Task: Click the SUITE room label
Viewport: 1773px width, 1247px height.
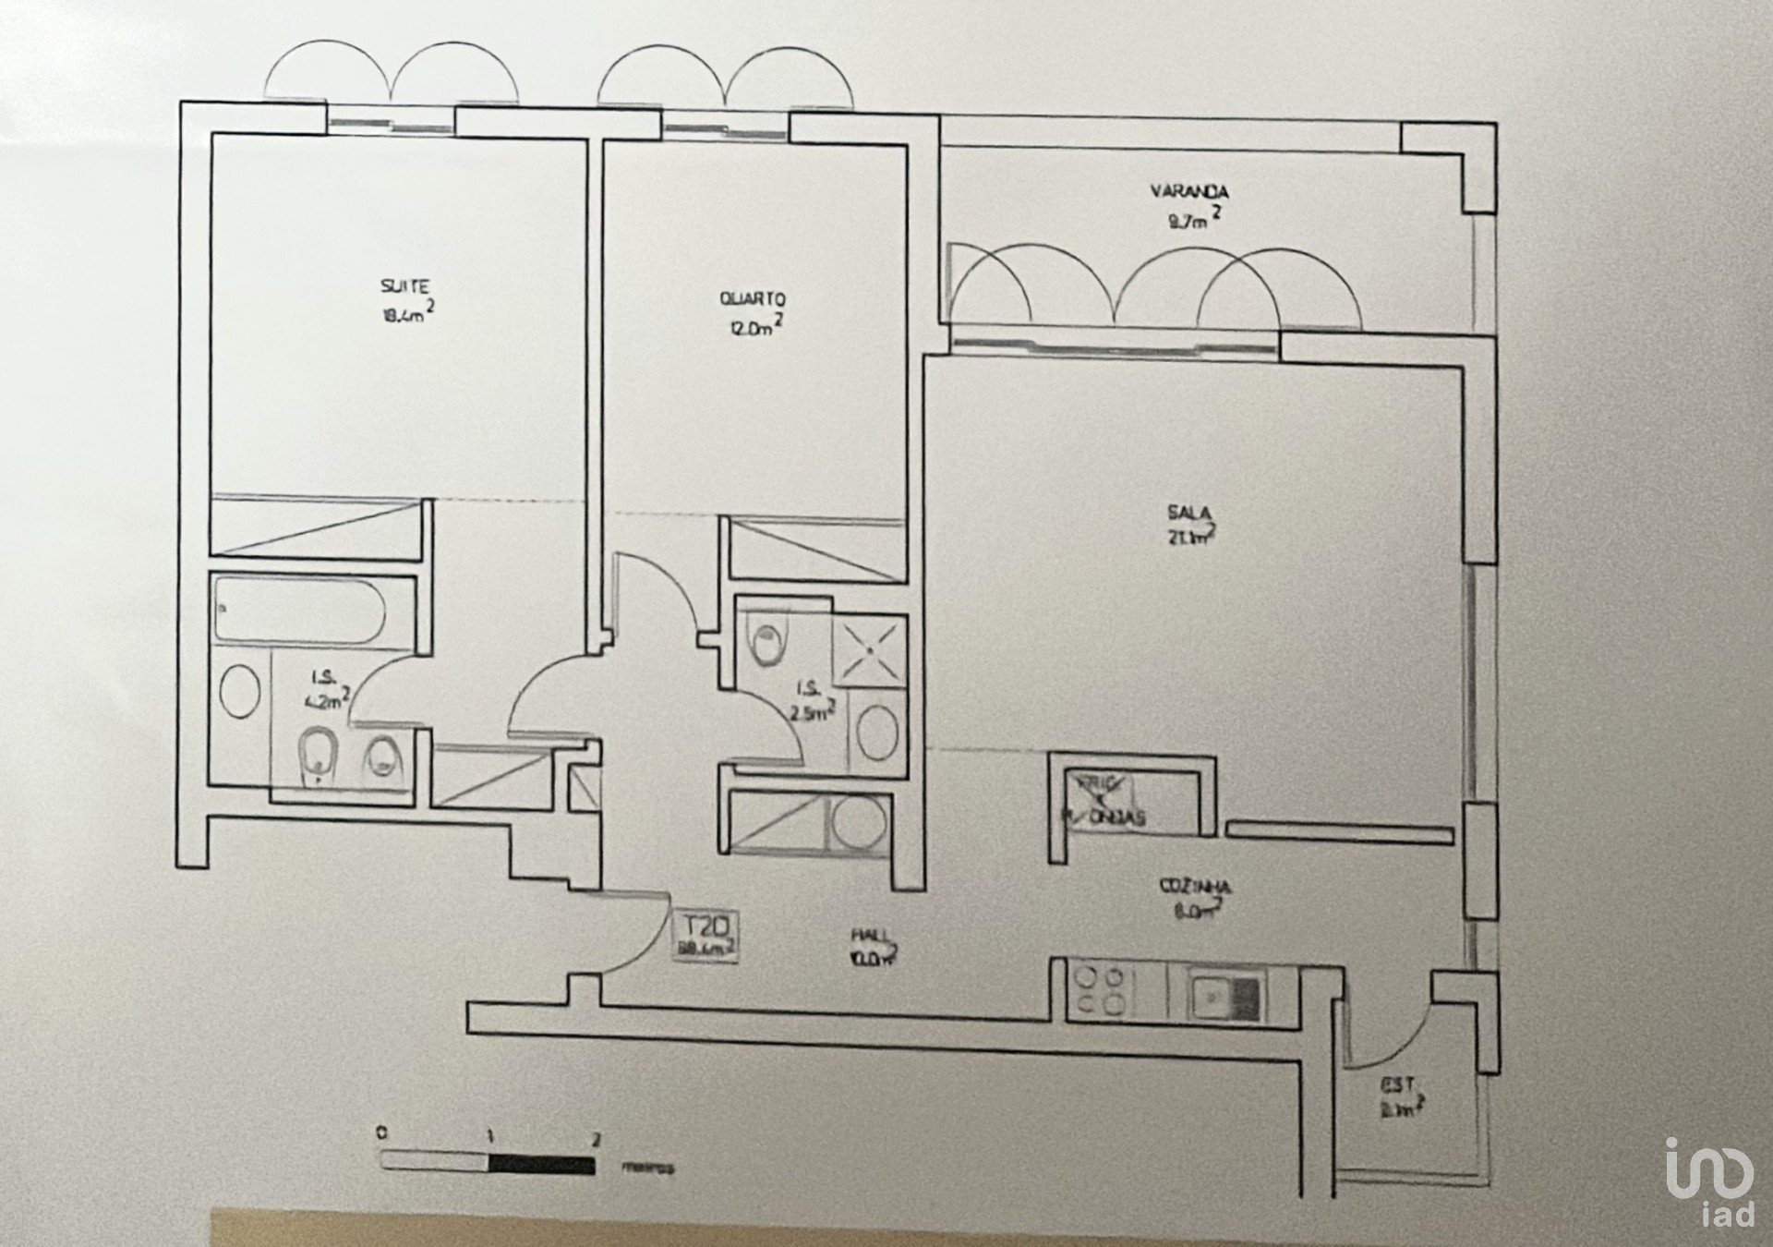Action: pyautogui.click(x=405, y=286)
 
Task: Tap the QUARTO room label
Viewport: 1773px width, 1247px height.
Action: pyautogui.click(x=753, y=299)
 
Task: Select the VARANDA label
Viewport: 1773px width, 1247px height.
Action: pyautogui.click(x=1189, y=192)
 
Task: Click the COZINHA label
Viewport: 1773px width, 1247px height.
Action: pyautogui.click(x=1195, y=887)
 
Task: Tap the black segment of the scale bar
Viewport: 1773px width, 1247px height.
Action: pyautogui.click(x=541, y=1164)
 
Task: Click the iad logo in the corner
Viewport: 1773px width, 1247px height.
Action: pyautogui.click(x=1709, y=1183)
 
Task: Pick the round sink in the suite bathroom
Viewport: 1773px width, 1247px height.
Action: pyautogui.click(x=241, y=691)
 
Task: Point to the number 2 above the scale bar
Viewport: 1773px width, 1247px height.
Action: pyautogui.click(x=596, y=1139)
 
